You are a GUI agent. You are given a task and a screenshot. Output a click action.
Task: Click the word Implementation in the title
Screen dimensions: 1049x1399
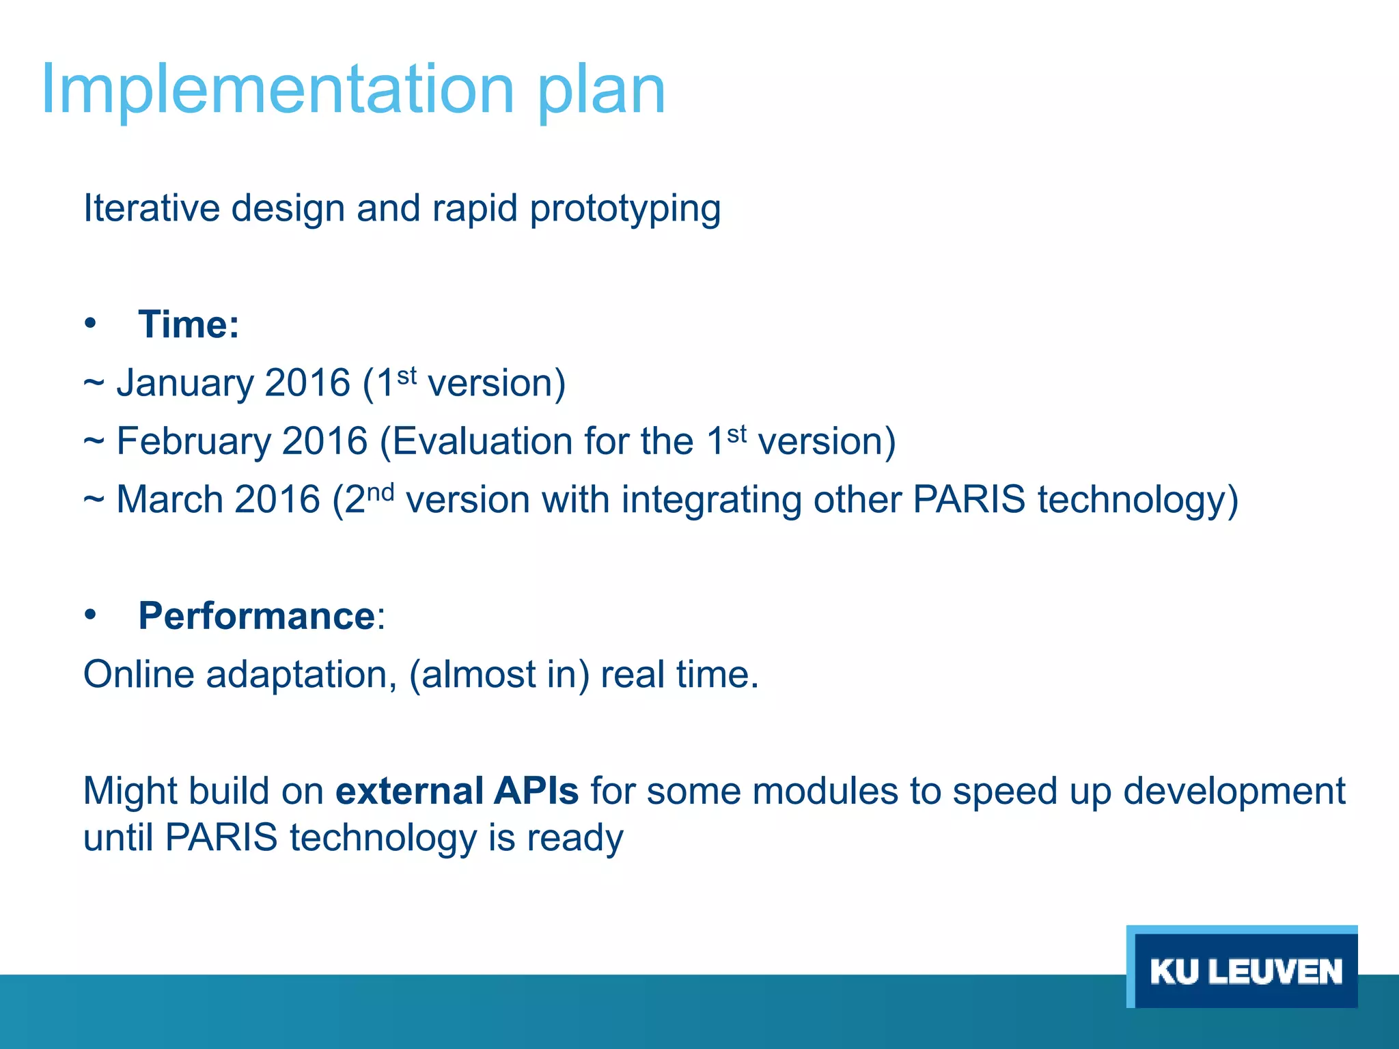[x=277, y=89]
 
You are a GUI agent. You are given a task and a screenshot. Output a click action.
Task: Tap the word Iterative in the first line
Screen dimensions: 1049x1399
[x=151, y=208]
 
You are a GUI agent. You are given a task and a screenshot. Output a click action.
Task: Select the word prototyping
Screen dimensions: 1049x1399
[x=625, y=209]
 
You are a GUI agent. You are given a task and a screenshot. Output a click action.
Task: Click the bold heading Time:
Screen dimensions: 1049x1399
[x=189, y=324]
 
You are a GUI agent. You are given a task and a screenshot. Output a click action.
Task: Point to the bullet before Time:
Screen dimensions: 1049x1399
[x=91, y=323]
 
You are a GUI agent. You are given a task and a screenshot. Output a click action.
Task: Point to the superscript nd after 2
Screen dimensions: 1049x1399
[x=380, y=492]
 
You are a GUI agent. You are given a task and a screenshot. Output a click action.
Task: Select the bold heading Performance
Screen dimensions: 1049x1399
[x=257, y=616]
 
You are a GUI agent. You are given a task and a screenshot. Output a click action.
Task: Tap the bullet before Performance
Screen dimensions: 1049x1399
[x=91, y=615]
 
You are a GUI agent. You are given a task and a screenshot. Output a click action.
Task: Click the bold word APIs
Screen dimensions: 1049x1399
[x=536, y=791]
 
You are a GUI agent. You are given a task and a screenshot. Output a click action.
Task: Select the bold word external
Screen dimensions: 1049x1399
[x=409, y=791]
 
